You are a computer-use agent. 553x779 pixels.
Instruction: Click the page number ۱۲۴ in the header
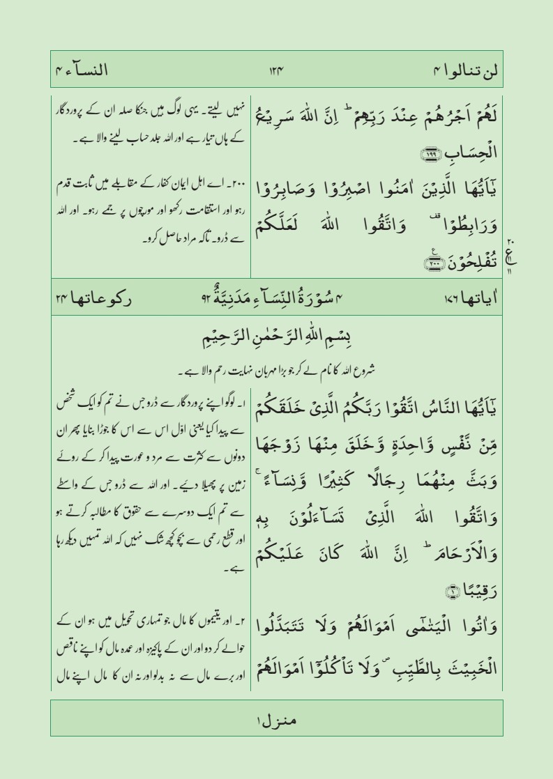pyautogui.click(x=278, y=70)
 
